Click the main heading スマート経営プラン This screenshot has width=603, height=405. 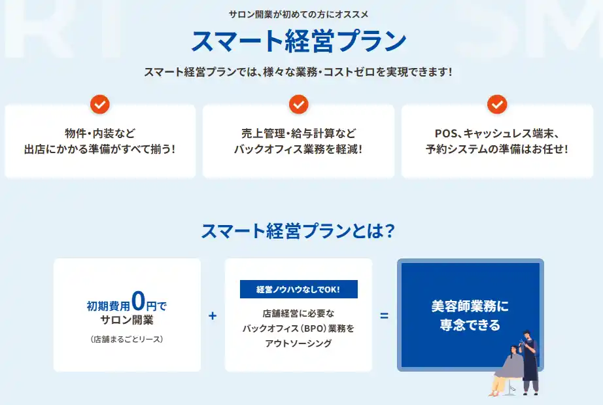[x=298, y=41]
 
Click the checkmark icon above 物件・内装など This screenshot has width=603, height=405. [x=100, y=104]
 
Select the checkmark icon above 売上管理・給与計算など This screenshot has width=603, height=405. [x=298, y=104]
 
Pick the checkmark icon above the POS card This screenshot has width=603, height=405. [x=497, y=104]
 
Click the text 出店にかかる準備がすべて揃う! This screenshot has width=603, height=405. [x=100, y=149]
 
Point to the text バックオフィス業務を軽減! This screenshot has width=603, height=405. [x=298, y=149]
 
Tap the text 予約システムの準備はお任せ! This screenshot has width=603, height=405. [x=497, y=149]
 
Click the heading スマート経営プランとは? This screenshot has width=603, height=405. [x=298, y=232]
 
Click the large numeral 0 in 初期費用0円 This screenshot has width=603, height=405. [x=138, y=301]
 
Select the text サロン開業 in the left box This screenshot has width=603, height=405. [x=127, y=320]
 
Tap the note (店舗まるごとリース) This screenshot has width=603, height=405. [x=127, y=339]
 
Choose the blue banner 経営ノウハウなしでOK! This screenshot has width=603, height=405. [x=298, y=289]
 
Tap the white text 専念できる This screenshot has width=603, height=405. [x=470, y=325]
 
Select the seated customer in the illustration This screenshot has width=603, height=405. [x=506, y=372]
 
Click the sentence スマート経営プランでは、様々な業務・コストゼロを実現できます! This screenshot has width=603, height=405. [x=298, y=72]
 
